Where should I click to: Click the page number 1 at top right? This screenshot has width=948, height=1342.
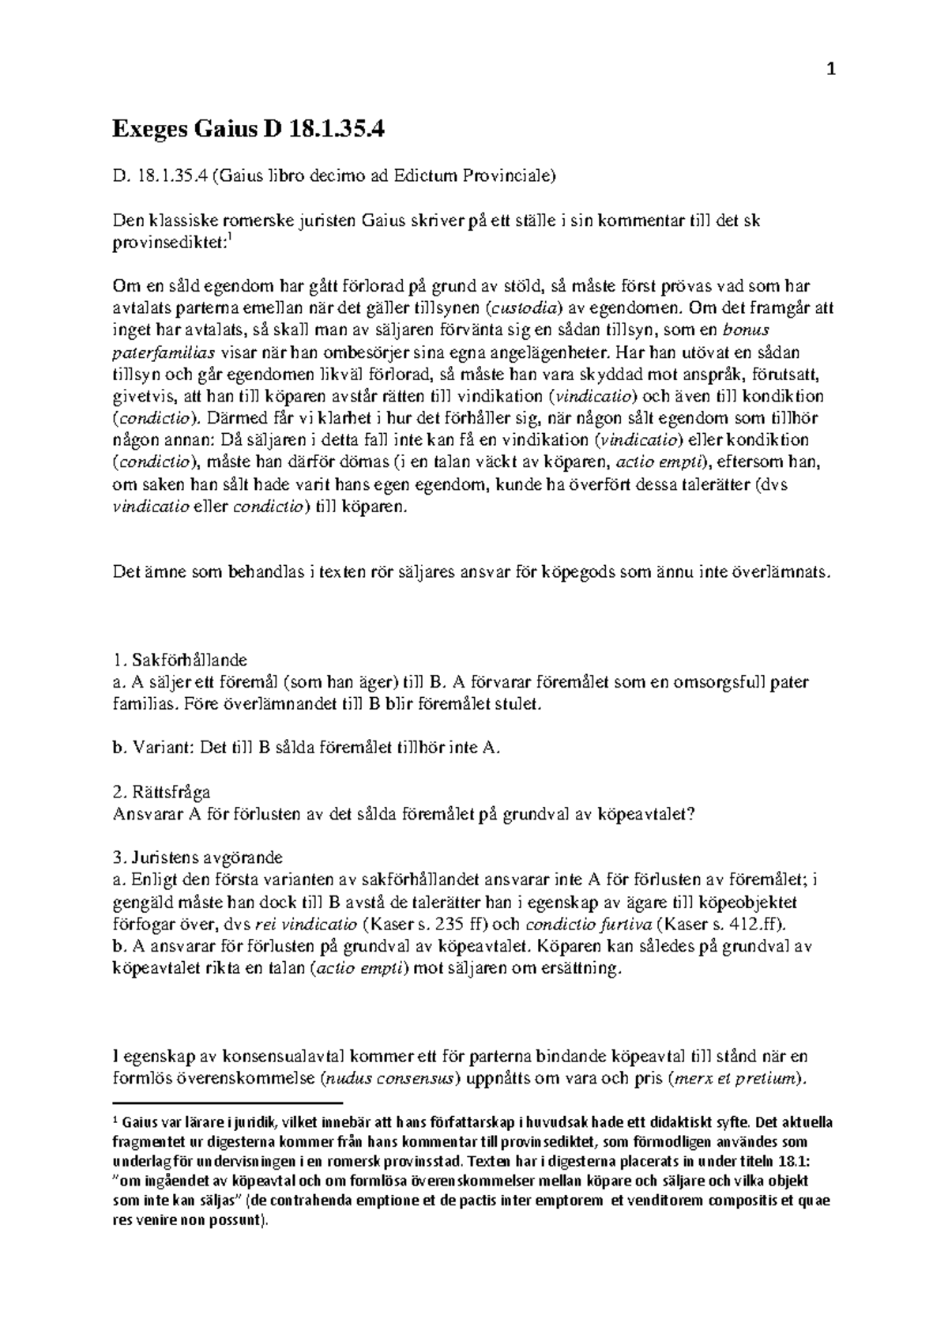coord(830,70)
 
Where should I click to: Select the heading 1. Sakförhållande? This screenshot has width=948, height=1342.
coord(181,659)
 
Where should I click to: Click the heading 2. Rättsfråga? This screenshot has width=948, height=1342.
coord(162,792)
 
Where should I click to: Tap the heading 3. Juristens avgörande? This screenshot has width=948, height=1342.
coord(198,858)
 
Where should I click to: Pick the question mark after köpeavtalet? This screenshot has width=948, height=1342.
coord(690,814)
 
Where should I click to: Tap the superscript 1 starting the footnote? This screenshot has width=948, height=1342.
coord(116,1119)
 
